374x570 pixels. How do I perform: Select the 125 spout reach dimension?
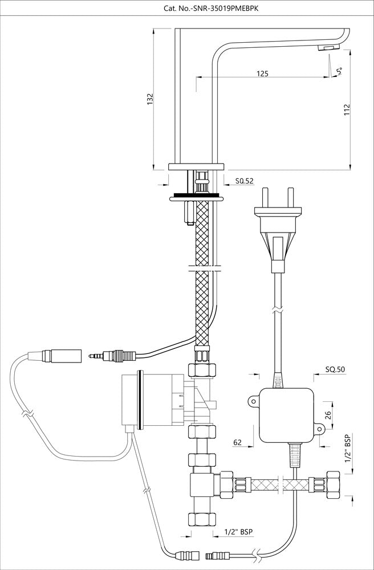click(x=263, y=74)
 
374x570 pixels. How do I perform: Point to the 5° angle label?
click(x=340, y=71)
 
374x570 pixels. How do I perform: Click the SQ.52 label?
click(x=244, y=181)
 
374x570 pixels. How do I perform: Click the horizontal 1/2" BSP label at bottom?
click(x=238, y=531)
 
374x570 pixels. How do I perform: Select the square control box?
click(x=286, y=416)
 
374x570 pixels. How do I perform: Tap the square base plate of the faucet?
click(x=194, y=166)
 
